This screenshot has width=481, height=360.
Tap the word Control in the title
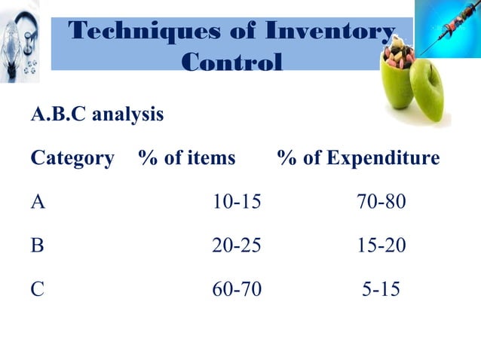[x=232, y=61]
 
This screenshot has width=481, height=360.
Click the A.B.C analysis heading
[x=97, y=115]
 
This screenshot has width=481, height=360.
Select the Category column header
[x=72, y=159]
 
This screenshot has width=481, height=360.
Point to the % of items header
[x=187, y=159]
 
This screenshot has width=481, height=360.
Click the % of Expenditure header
[x=358, y=159]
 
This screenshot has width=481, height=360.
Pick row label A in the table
[x=38, y=202]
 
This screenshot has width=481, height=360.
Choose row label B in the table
[x=37, y=245]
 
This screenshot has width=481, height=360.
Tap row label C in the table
[x=37, y=288]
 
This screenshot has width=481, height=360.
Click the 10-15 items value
[x=236, y=202]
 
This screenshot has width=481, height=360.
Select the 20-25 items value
[x=236, y=245]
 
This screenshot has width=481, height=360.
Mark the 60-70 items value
[x=236, y=288]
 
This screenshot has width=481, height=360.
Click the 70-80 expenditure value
[x=381, y=202]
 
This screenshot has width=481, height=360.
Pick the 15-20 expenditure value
[x=381, y=245]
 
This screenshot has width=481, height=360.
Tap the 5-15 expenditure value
[x=381, y=288]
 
